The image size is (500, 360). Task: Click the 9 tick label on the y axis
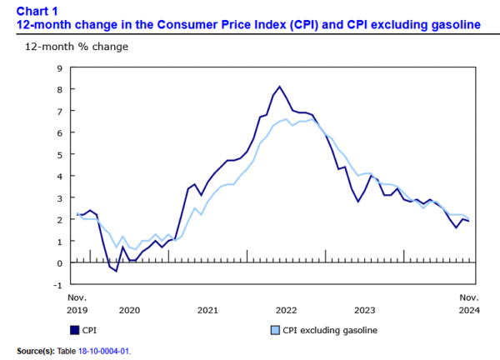[x=60, y=68]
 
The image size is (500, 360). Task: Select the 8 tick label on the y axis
[x=60, y=90]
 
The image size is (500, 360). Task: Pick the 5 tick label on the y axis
[x=60, y=155]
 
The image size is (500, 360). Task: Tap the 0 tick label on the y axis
[x=60, y=263]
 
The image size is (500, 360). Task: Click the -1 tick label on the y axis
[x=58, y=285]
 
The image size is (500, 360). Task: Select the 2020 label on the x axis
[x=129, y=310]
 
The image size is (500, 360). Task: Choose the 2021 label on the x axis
[x=208, y=310]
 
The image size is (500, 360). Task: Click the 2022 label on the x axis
[x=287, y=310]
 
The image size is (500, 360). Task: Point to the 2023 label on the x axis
[x=366, y=310]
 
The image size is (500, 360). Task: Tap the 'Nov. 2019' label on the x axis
[x=77, y=302]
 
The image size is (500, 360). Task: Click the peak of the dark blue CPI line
[x=279, y=86]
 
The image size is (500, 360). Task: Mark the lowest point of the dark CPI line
[x=117, y=271]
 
